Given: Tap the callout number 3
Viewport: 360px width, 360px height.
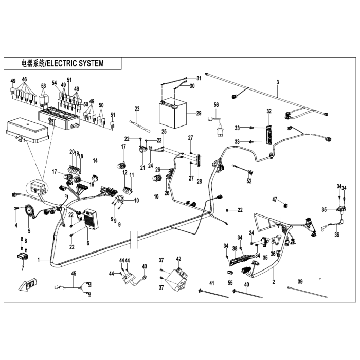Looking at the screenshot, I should pyautogui.click(x=277, y=82).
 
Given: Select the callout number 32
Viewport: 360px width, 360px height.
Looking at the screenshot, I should pyautogui.click(x=268, y=111).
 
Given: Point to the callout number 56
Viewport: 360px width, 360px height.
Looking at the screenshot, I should pyautogui.click(x=217, y=104).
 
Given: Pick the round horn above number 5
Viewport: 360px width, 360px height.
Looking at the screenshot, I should pyautogui.click(x=29, y=210).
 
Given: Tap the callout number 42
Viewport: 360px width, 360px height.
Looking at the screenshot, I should pyautogui.click(x=179, y=259).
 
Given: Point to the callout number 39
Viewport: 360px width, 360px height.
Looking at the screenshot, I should pyautogui.click(x=300, y=282).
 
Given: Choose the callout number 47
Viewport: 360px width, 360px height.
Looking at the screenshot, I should pyautogui.click(x=275, y=200).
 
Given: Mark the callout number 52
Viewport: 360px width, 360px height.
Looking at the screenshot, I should pyautogui.click(x=249, y=181).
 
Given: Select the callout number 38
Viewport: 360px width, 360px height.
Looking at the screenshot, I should pyautogui.click(x=235, y=248).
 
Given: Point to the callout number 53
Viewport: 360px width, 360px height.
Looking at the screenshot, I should pyautogui.click(x=43, y=86).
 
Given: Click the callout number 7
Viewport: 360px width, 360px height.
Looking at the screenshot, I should pyautogui.click(x=23, y=268).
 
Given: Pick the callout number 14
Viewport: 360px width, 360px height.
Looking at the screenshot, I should pyautogui.click(x=95, y=160).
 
